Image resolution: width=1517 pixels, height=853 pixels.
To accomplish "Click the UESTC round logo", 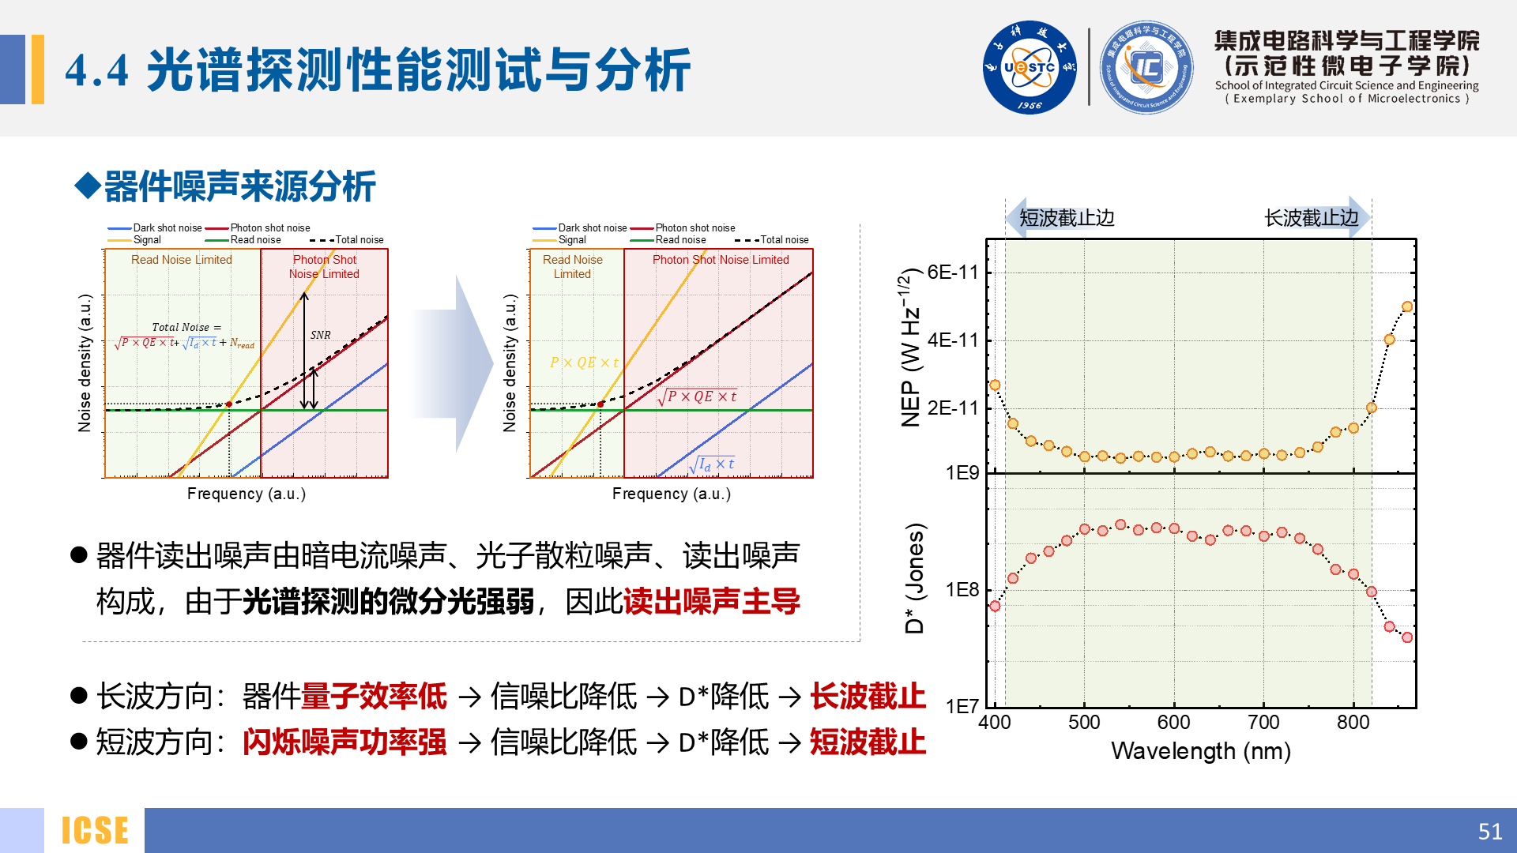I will click(1029, 67).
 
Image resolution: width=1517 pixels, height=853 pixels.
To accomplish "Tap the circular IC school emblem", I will click(1146, 67).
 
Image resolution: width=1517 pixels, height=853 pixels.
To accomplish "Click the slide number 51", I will click(1489, 831).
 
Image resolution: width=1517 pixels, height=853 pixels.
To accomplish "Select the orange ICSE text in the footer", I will click(95, 831).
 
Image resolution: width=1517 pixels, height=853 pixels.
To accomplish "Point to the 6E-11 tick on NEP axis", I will click(952, 272).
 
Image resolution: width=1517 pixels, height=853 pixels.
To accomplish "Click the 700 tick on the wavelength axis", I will click(1263, 722).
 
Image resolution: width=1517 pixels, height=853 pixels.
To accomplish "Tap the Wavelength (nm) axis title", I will click(1200, 751).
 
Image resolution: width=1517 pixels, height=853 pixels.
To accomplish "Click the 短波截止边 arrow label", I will click(1066, 218).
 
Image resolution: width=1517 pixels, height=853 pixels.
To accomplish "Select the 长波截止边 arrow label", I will click(1312, 218).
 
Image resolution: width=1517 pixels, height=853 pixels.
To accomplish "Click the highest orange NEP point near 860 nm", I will click(1406, 306).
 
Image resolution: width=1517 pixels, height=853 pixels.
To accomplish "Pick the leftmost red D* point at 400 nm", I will click(995, 606).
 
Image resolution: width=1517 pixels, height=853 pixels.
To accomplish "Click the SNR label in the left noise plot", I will click(320, 335).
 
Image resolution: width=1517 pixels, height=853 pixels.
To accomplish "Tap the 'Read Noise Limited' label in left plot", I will click(181, 260).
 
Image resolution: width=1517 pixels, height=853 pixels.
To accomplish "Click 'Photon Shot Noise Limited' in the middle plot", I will click(720, 260).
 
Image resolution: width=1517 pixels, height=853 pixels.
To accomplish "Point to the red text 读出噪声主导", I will click(711, 602).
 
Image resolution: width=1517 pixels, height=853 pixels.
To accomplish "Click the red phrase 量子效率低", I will click(374, 697).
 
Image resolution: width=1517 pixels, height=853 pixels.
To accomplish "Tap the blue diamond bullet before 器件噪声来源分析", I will click(87, 186).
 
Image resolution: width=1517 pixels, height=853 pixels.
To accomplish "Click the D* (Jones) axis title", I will click(914, 578).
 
